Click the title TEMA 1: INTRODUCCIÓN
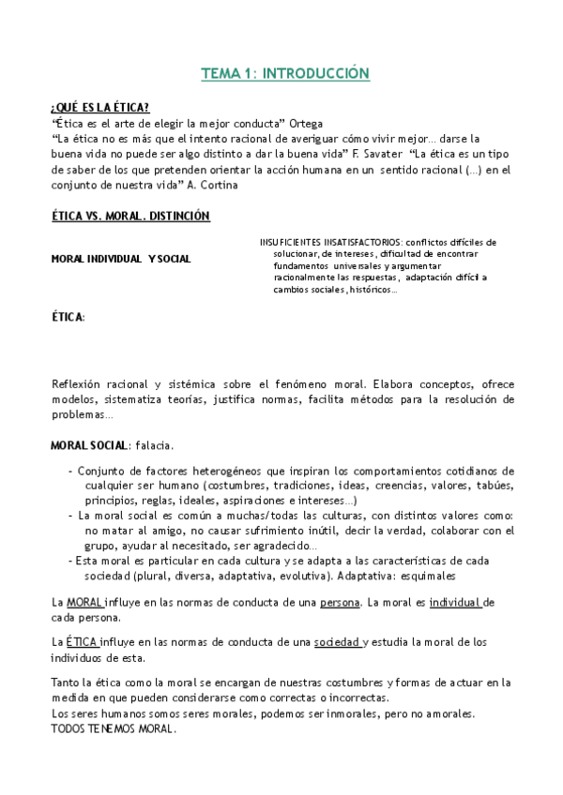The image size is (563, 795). click(x=285, y=73)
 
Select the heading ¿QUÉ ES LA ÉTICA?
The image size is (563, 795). click(x=99, y=108)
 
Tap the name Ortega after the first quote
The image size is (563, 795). click(x=310, y=123)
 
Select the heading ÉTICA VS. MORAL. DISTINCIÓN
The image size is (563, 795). click(x=129, y=217)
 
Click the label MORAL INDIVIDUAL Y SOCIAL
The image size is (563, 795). click(x=120, y=259)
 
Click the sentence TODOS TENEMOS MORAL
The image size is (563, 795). click(x=113, y=728)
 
